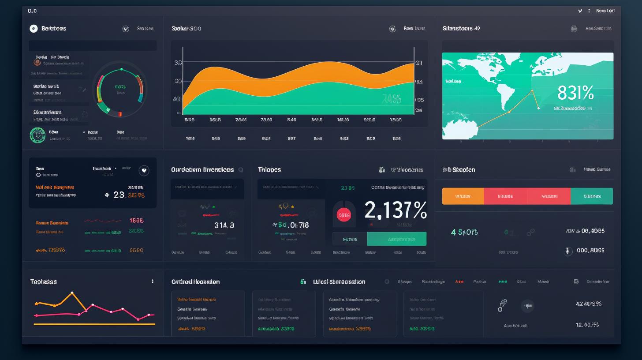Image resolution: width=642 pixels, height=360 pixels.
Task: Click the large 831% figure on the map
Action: coord(575,93)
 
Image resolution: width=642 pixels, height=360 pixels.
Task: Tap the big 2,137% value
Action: coord(396,210)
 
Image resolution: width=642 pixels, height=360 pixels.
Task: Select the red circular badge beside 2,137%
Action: coord(343,215)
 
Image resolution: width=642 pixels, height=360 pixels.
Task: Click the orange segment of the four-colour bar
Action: coord(463,196)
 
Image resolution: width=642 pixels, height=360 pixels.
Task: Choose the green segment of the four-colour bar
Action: coord(592,196)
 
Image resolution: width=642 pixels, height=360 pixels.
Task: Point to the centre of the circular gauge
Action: coord(120,90)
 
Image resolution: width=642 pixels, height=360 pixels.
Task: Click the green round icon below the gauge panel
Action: coord(37,135)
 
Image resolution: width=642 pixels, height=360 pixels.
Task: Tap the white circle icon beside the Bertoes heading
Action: coord(34,29)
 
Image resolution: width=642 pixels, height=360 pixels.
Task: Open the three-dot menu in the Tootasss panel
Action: coord(153,281)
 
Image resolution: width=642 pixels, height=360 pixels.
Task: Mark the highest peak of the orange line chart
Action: coord(72,293)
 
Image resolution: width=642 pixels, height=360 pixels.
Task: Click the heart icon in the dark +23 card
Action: coord(144,171)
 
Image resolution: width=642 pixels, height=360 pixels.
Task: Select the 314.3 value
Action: coord(224,225)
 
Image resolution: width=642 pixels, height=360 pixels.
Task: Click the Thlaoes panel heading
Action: coord(269,169)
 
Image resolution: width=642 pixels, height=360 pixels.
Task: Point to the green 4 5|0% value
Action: coord(464,232)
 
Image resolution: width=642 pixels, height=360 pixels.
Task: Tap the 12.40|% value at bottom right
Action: coord(587,325)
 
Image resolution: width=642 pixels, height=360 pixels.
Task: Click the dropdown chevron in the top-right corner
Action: coord(580,11)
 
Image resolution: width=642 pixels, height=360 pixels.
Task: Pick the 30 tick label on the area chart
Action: coord(178,63)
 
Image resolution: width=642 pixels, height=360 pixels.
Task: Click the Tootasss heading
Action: coord(43,281)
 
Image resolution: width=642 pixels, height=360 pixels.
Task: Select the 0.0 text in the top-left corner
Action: coord(32,11)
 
